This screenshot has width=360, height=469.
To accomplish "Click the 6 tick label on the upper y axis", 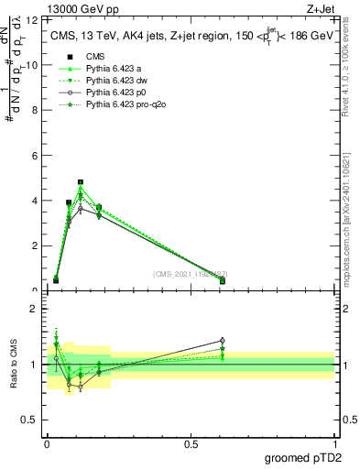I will pos(35,156).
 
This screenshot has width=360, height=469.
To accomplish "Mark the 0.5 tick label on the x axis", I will pos(191,443).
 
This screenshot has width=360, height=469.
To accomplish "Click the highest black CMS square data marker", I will pos(81,182).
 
